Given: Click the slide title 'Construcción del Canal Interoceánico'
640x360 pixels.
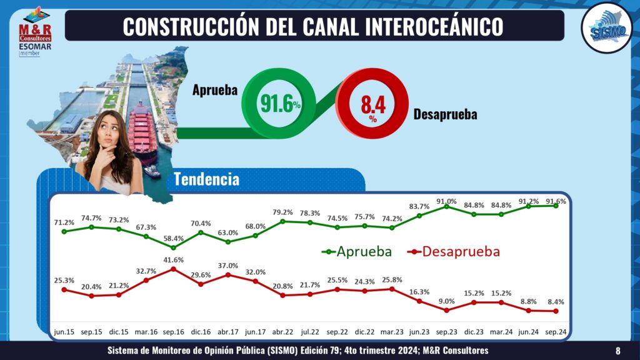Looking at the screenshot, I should point(312,26).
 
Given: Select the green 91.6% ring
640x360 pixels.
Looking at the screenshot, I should point(279,103).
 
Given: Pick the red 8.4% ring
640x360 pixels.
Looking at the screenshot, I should point(372,103).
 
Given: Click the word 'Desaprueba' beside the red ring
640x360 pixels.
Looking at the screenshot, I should point(445,115).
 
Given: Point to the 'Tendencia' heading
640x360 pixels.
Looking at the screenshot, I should point(206,180).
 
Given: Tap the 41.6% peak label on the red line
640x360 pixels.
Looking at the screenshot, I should point(173,259).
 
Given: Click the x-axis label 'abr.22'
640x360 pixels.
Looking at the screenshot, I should point(283,332).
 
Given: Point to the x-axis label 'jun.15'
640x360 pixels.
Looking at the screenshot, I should point(64,332).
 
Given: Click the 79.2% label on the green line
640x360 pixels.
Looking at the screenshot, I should point(283,212).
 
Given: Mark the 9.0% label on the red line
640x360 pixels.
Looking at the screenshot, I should point(446,301).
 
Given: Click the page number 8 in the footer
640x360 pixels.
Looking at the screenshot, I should point(617,351).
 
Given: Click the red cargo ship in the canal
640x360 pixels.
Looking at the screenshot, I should point(142,131).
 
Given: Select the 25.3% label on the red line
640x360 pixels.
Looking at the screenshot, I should point(64,281).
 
